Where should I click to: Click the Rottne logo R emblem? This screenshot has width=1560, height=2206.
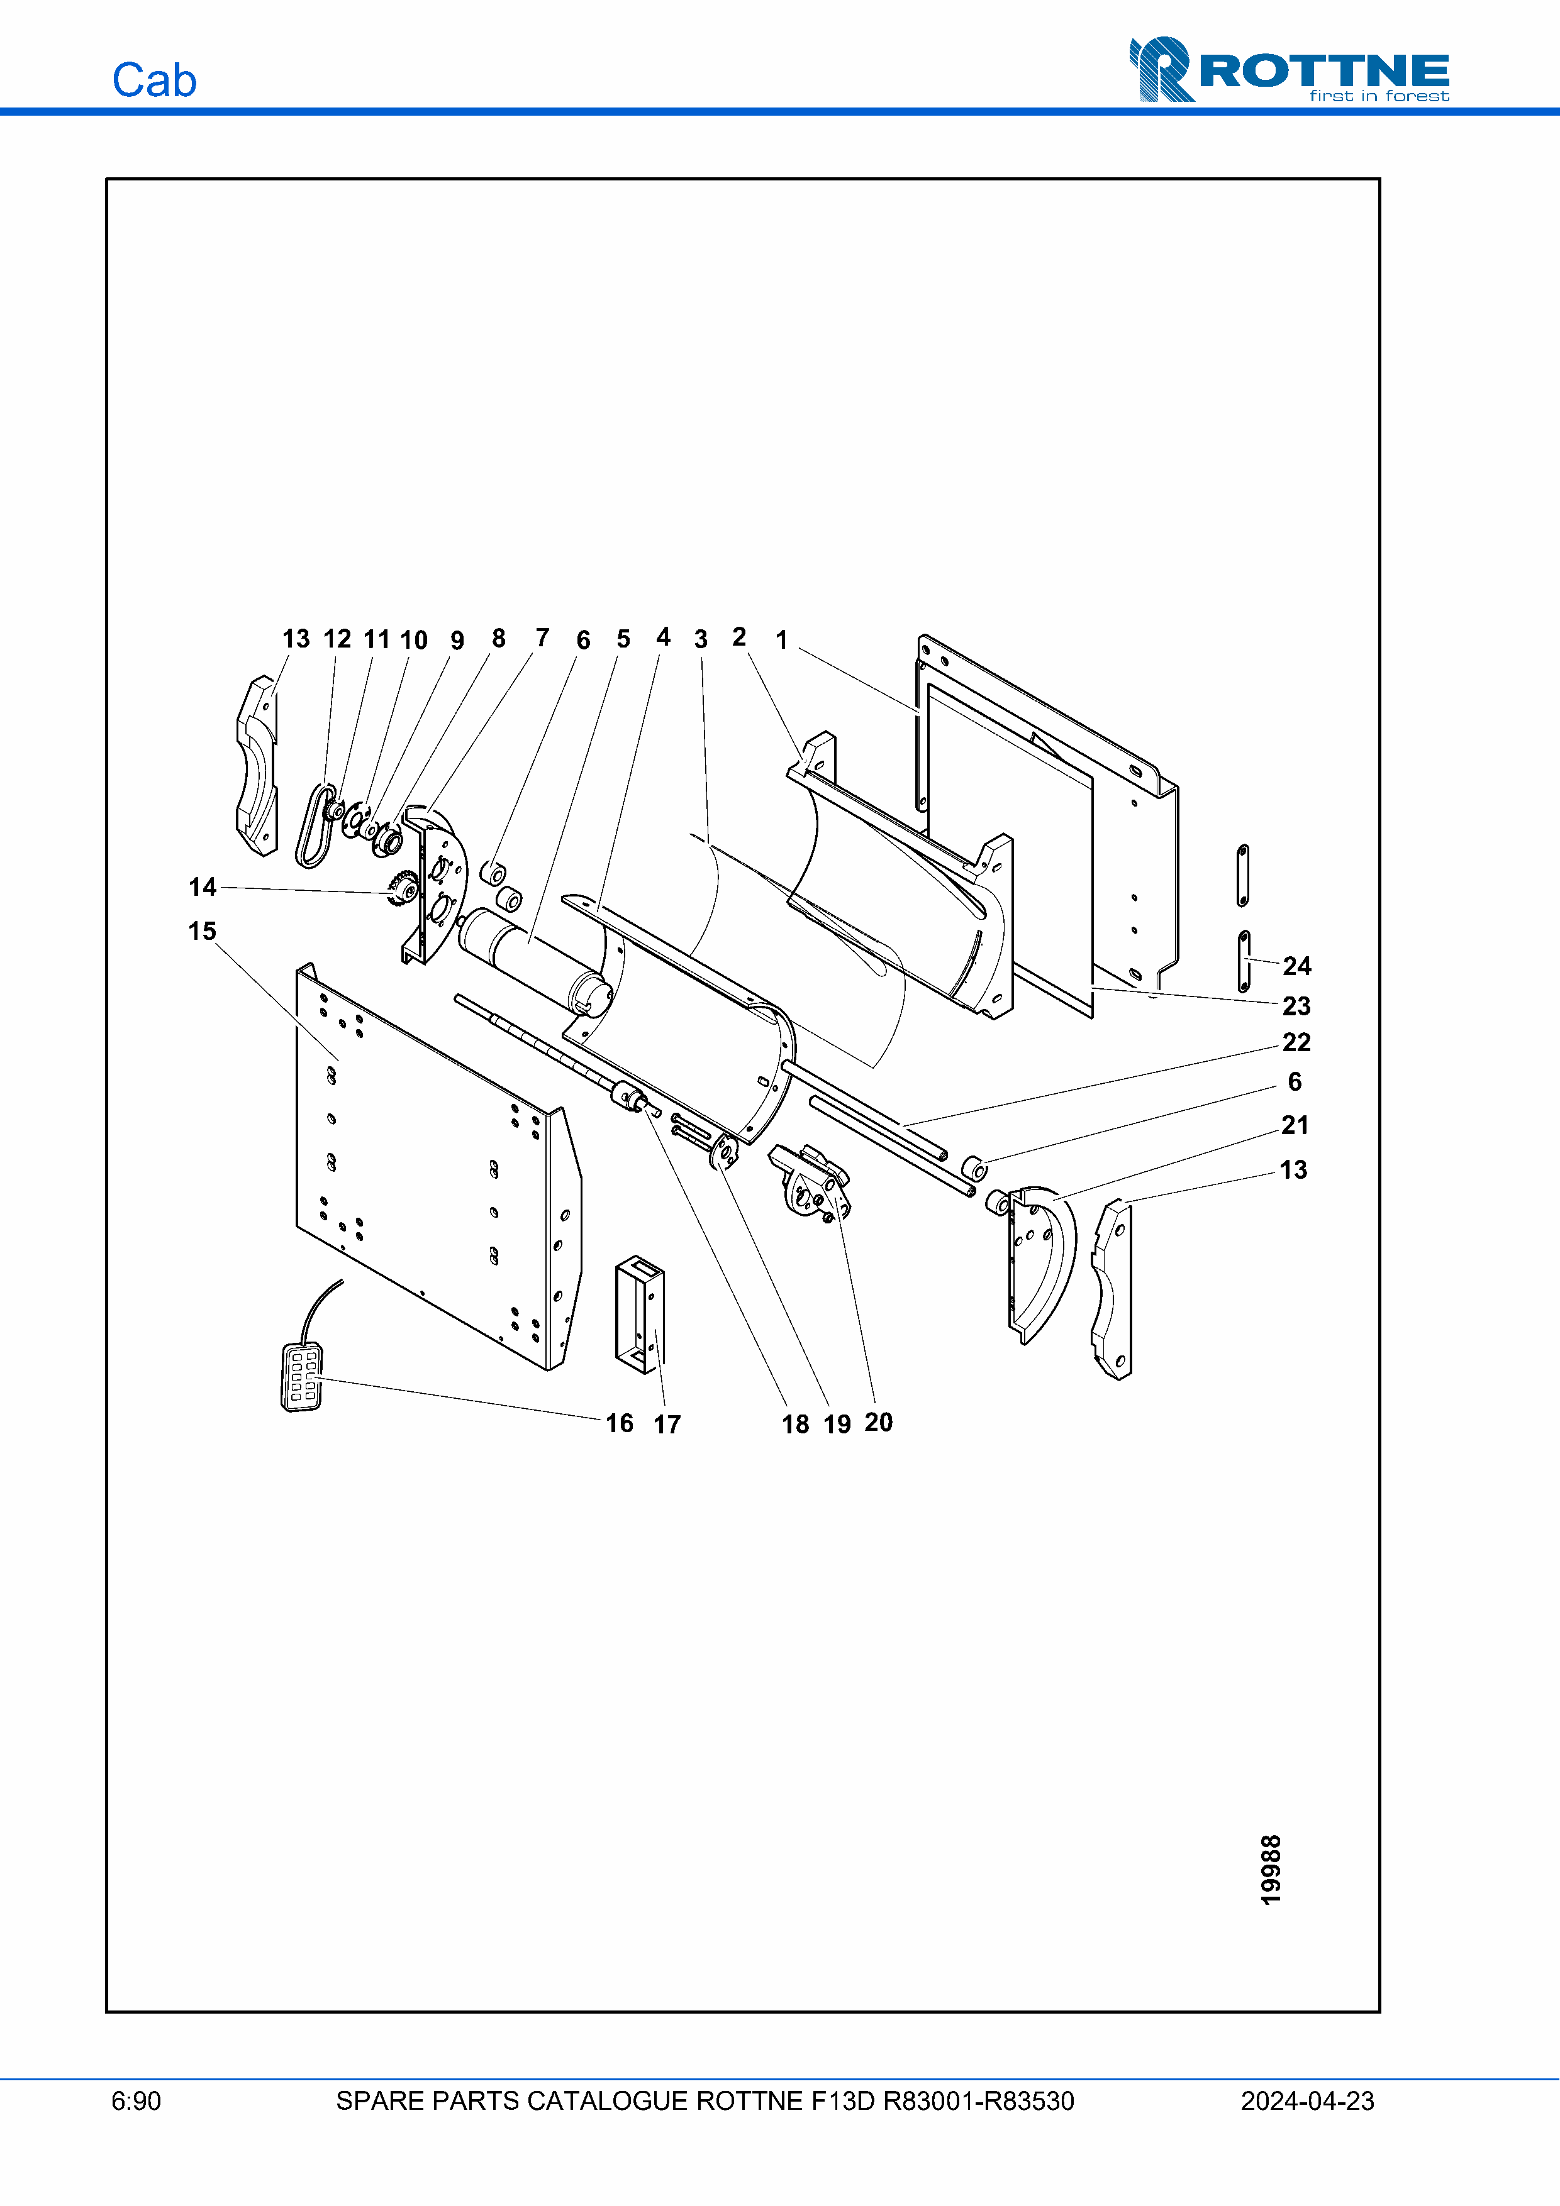[x=1161, y=69]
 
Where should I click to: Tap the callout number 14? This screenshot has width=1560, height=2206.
[x=202, y=887]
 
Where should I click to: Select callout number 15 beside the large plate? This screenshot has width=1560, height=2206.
[x=202, y=931]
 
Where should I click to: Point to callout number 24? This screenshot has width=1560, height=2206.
[x=1296, y=966]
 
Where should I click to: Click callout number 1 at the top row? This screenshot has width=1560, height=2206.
[x=781, y=640]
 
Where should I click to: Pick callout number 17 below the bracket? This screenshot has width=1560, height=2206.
[x=667, y=1424]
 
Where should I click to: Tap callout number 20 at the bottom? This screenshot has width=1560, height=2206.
[x=879, y=1422]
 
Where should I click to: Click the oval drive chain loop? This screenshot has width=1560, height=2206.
[x=313, y=826]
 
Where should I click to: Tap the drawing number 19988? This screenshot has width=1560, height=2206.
[x=1271, y=1869]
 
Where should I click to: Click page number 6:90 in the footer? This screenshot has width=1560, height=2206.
[x=136, y=2100]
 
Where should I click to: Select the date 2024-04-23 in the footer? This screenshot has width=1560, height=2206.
[x=1306, y=2100]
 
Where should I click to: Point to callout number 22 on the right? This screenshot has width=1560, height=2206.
[x=1296, y=1042]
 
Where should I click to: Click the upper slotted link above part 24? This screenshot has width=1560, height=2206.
[x=1243, y=875]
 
